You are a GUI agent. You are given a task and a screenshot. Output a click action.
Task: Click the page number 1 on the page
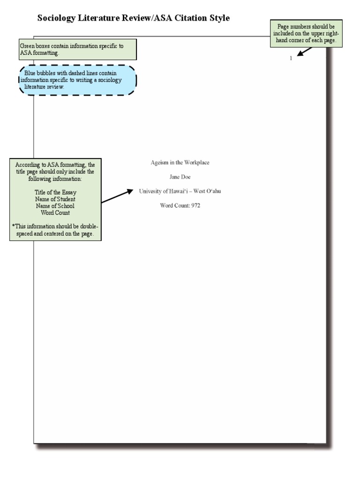[291, 59]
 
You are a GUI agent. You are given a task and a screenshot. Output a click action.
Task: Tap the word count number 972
[195, 205]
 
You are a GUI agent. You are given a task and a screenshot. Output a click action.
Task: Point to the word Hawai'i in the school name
[184, 191]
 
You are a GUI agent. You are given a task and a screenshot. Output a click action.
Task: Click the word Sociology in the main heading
[58, 18]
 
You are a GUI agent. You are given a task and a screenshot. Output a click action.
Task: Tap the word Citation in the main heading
[189, 18]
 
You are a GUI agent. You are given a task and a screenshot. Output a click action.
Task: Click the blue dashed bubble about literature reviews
[78, 80]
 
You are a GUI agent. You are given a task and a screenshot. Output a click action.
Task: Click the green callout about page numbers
[306, 34]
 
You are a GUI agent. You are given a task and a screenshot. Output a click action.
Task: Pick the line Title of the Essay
[55, 193]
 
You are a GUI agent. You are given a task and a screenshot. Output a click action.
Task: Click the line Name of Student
[55, 199]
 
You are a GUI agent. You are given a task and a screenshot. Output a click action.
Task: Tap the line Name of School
[55, 206]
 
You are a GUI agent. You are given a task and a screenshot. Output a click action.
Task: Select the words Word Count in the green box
[55, 212]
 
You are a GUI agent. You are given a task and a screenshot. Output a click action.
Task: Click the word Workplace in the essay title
[196, 163]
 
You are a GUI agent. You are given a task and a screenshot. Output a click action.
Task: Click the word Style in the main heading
[219, 18]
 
